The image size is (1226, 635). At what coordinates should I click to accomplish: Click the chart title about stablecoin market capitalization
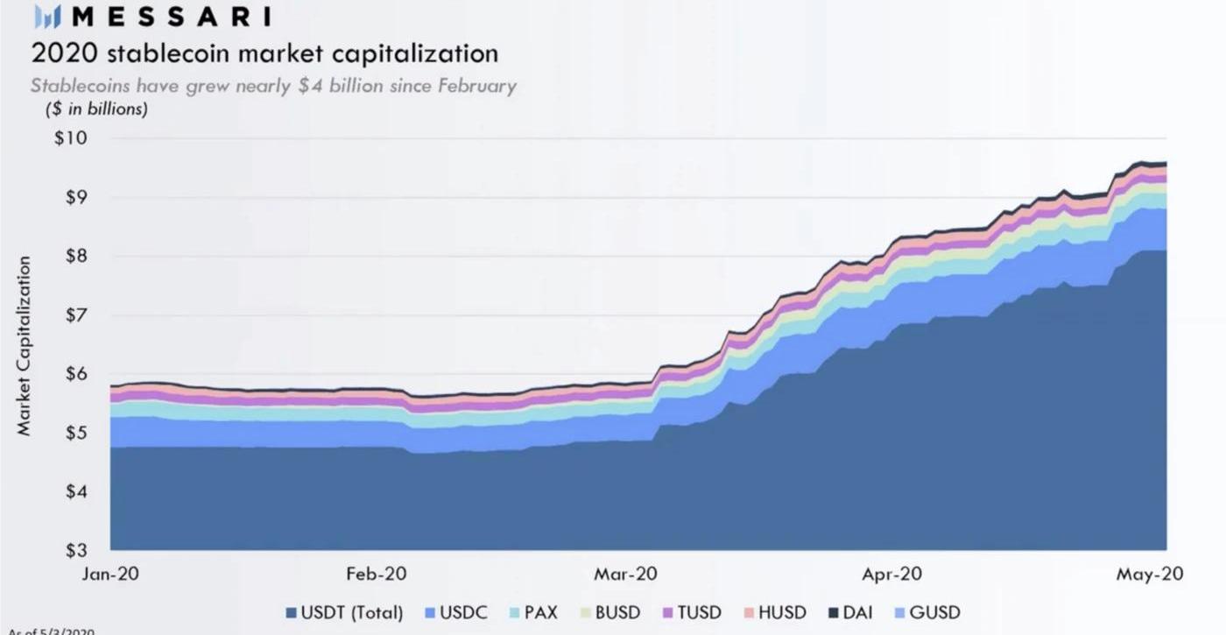point(264,53)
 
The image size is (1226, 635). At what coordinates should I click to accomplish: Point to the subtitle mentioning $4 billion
point(273,86)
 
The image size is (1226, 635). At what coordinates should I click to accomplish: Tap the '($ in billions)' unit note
point(96,109)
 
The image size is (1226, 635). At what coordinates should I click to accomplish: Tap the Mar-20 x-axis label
point(625,575)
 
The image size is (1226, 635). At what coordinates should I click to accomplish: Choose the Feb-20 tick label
point(376,575)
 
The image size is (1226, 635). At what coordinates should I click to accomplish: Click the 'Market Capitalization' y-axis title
point(24,345)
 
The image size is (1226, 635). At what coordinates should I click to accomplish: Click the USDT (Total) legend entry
point(344,612)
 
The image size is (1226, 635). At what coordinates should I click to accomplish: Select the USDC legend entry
point(455,612)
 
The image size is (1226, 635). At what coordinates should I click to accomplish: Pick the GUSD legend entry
point(927,612)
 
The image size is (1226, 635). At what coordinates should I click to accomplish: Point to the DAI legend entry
point(849,612)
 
